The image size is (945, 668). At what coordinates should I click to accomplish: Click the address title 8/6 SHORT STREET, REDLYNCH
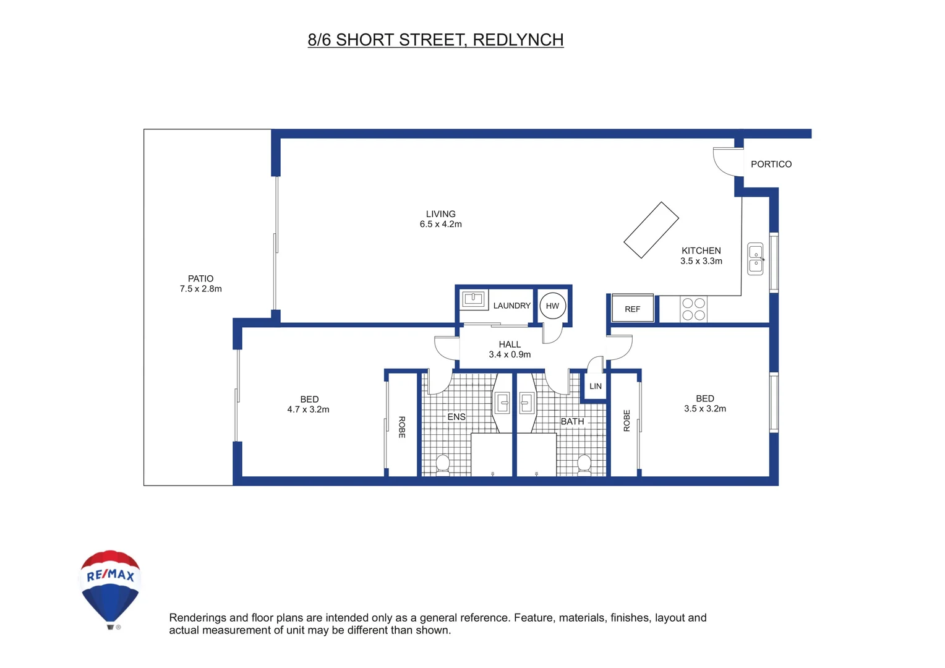click(435, 40)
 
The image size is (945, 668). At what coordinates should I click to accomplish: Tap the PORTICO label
click(771, 164)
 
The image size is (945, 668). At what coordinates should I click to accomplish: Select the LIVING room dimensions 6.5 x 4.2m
click(440, 225)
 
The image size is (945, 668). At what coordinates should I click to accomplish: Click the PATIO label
click(200, 278)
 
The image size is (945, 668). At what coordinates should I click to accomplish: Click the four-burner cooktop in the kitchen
click(693, 309)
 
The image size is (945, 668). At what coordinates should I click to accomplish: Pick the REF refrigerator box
click(632, 309)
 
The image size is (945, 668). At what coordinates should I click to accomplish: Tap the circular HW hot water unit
click(552, 306)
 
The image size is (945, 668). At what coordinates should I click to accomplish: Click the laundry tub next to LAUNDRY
click(473, 299)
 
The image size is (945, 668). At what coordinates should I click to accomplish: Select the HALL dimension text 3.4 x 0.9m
click(510, 354)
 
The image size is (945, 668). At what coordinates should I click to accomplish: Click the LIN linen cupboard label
click(595, 386)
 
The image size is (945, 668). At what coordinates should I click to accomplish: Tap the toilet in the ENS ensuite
click(443, 464)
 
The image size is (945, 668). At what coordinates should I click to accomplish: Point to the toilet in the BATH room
click(584, 464)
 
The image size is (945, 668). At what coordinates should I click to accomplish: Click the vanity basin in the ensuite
click(503, 403)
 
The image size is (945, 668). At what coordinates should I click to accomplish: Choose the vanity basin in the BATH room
click(526, 403)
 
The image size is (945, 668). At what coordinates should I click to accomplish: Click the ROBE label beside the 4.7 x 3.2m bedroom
click(401, 427)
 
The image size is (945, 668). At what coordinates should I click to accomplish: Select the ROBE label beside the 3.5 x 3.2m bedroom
click(626, 421)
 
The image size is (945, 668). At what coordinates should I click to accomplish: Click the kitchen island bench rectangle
click(651, 229)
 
